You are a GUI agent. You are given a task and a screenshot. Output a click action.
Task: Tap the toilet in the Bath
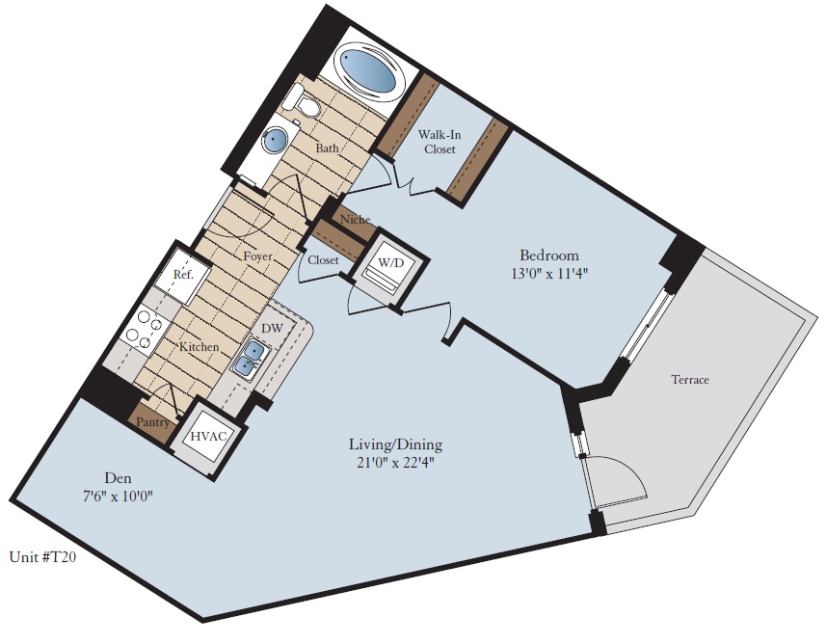tap(306, 102)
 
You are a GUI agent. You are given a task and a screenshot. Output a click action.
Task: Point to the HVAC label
tap(209, 437)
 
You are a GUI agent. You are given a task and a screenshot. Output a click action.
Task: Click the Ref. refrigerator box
tap(183, 275)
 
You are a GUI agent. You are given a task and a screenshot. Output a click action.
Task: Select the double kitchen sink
tap(249, 359)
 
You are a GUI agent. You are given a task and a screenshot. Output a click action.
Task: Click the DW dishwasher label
tap(273, 330)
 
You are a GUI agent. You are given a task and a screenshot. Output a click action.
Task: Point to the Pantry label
tap(153, 422)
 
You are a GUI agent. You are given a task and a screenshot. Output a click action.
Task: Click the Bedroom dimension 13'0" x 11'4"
tap(549, 273)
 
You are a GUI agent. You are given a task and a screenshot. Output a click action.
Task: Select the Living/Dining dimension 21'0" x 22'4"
tap(395, 462)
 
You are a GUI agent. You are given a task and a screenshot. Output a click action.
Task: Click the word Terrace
tap(689, 380)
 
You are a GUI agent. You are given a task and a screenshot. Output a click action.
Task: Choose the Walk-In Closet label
tap(440, 142)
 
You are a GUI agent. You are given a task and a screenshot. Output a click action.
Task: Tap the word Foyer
tap(257, 257)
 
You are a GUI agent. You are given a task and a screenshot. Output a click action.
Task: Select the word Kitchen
tap(198, 346)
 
